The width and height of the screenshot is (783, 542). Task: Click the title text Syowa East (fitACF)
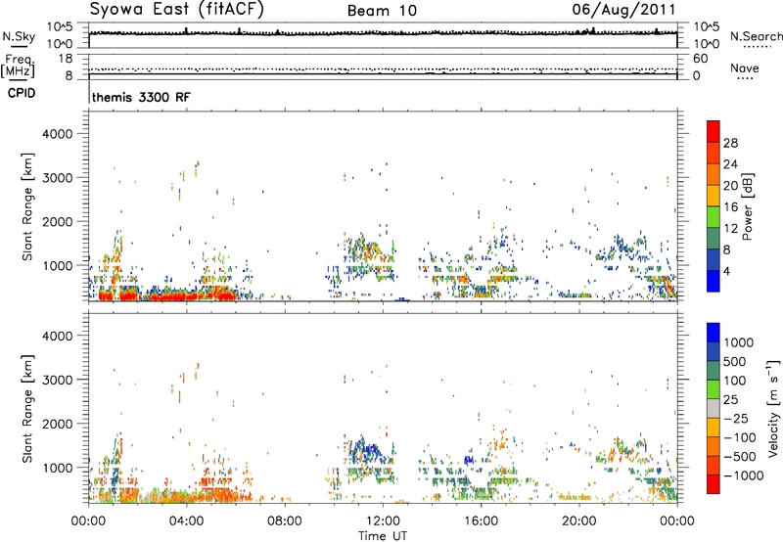tap(176, 9)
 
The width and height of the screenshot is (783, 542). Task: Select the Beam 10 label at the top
tap(382, 11)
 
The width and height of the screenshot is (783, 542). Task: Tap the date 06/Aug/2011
tap(623, 10)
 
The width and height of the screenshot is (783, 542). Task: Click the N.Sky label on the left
tap(19, 36)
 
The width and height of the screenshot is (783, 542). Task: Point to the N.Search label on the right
tap(756, 36)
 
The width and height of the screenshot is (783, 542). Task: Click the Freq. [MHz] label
tap(18, 66)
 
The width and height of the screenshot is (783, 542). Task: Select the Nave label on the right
tap(745, 68)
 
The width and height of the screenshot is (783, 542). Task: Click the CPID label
tap(22, 93)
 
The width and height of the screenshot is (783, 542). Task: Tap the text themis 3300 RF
tap(141, 97)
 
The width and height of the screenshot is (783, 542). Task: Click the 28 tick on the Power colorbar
tap(730, 143)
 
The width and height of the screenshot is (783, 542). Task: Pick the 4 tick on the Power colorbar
tap(726, 271)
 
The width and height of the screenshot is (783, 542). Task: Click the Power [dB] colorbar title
tap(748, 206)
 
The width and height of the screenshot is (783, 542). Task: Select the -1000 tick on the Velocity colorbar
tap(744, 475)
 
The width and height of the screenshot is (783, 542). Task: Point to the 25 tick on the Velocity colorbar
tap(730, 399)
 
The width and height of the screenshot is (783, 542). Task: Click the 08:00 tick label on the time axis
tap(285, 521)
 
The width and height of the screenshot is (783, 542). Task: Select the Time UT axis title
tap(383, 536)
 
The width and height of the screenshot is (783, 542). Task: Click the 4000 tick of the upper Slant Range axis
tap(58, 134)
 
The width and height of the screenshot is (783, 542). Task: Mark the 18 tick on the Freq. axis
tap(66, 59)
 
